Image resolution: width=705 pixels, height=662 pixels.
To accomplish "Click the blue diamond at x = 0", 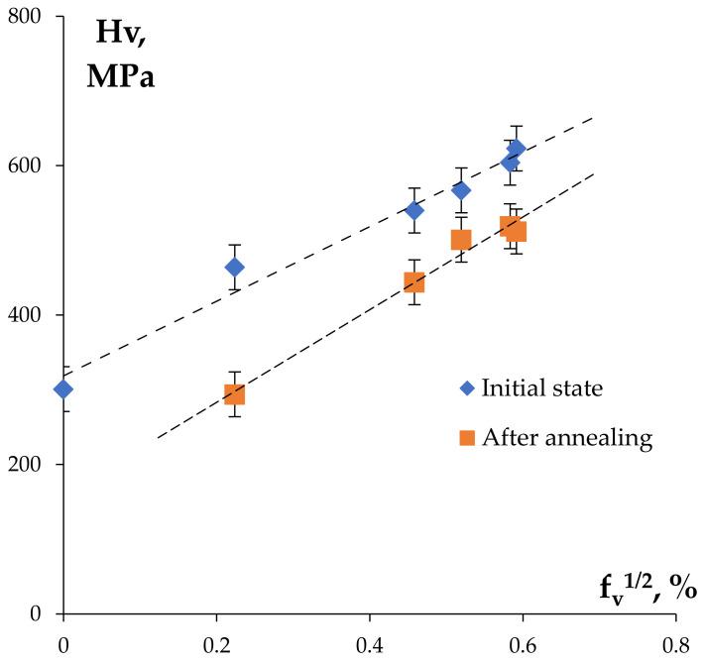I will [x=63, y=388].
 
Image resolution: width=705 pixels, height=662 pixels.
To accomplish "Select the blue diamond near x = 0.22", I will [x=234, y=267].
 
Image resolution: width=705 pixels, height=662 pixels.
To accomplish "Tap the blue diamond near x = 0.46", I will [x=414, y=210].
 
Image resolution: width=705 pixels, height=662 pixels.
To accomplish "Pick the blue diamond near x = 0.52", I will [x=461, y=190].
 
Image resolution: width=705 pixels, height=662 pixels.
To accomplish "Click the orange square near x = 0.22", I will [x=234, y=394].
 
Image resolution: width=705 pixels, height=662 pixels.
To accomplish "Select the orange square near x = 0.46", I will [x=414, y=282].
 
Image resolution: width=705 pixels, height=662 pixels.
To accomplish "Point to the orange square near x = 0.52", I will [x=461, y=240].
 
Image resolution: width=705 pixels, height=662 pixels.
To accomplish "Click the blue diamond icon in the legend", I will [x=466, y=387].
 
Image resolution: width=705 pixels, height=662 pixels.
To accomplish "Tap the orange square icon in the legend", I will [x=466, y=438].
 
